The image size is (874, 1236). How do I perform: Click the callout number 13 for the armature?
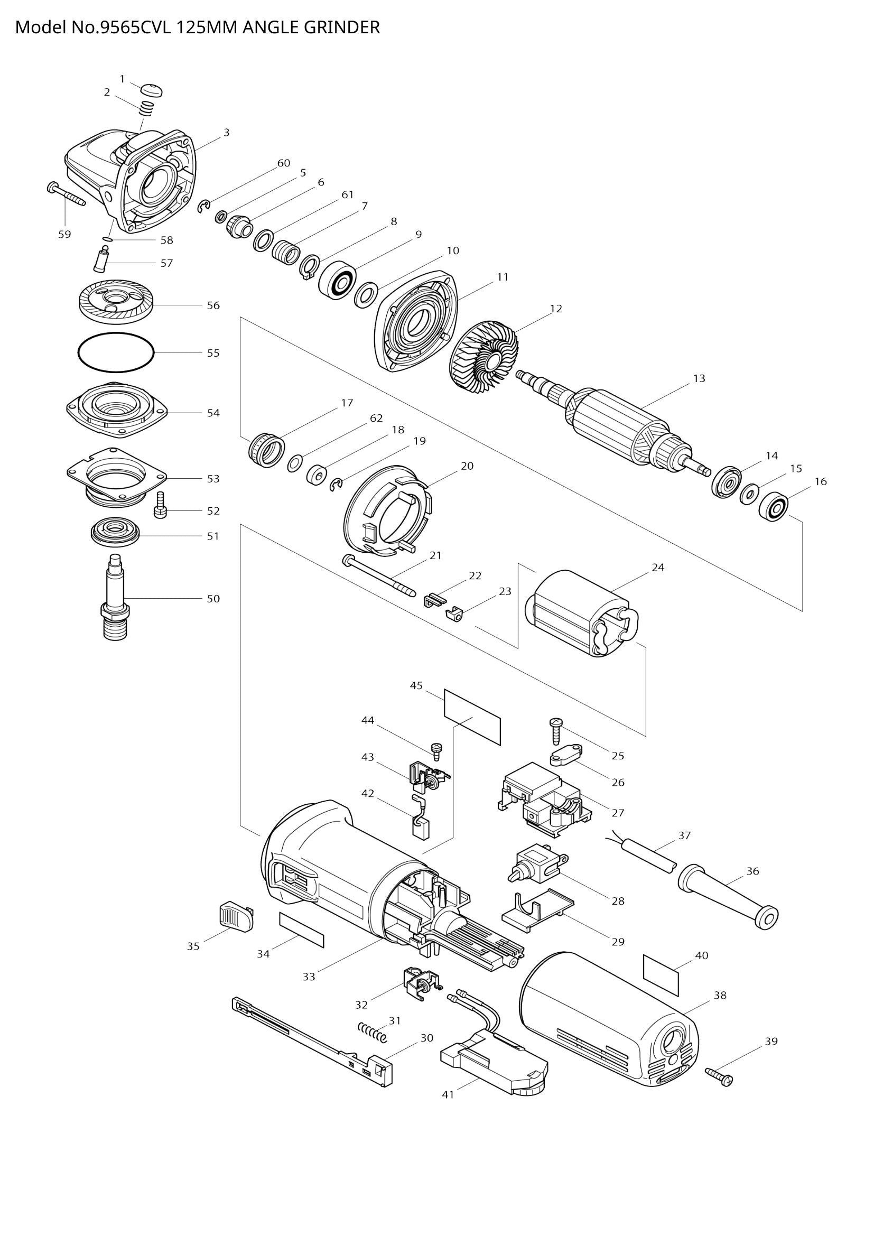click(699, 378)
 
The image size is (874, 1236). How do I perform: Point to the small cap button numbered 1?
click(153, 89)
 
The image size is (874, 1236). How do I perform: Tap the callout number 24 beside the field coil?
click(658, 568)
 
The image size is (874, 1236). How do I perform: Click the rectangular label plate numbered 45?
click(472, 717)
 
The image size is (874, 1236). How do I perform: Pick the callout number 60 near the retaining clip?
click(284, 163)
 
